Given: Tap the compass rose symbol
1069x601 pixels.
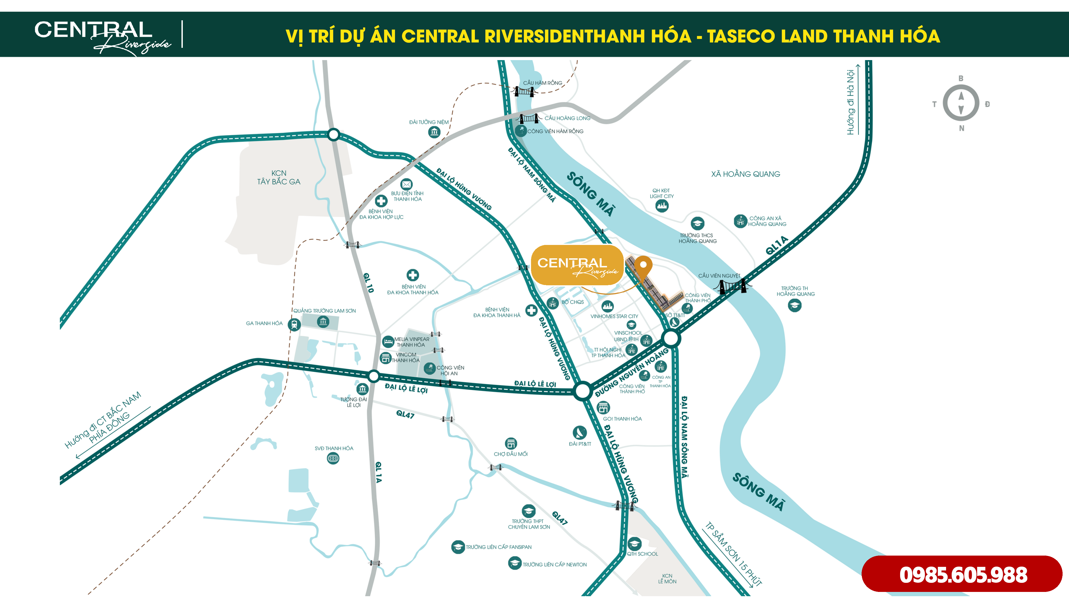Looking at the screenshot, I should click(961, 103).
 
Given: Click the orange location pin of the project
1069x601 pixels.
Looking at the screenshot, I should click(643, 266).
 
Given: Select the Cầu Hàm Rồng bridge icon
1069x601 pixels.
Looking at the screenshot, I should click(524, 91).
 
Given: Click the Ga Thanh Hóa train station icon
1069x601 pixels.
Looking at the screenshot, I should click(294, 324).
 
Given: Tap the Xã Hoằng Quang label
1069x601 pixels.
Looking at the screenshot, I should click(745, 174).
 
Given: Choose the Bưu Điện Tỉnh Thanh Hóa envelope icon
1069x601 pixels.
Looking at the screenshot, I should click(406, 184).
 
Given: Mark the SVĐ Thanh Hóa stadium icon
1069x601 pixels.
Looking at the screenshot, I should click(333, 458).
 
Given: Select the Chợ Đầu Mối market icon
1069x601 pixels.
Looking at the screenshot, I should click(511, 443).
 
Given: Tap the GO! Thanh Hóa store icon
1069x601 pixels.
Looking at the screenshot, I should click(603, 408).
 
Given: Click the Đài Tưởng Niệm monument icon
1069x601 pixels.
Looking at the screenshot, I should click(434, 132).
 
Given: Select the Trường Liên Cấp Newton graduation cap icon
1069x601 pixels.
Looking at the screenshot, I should click(514, 563).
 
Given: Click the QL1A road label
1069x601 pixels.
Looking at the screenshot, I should click(776, 245).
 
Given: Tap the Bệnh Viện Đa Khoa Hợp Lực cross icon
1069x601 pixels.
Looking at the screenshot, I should click(381, 201).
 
